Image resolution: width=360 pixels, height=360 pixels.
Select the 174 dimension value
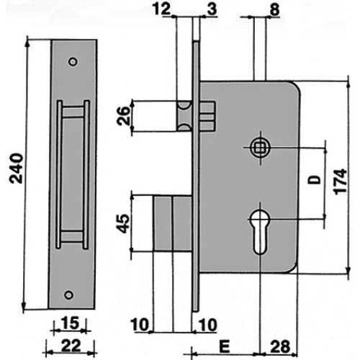tap(341, 181)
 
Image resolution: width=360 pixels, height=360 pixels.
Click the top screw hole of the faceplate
tap(72, 63)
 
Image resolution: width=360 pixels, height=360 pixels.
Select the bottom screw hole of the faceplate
tap(69, 293)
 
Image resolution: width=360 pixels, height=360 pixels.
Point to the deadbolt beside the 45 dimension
tap(172, 224)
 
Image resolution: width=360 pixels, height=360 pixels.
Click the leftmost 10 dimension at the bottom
tap(141, 325)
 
